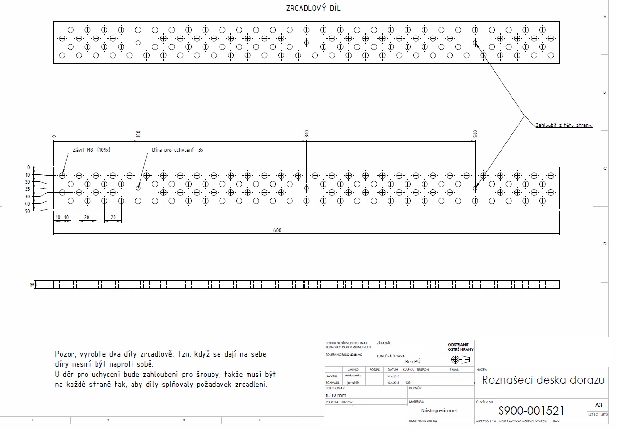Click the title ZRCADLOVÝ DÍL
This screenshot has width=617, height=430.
click(313, 8)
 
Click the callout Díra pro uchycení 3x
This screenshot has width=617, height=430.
click(177, 150)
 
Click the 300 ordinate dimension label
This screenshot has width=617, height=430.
click(307, 134)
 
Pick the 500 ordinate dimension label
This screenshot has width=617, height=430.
click(476, 134)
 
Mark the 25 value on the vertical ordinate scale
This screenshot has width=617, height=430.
click(28, 189)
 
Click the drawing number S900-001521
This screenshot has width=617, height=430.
click(531, 411)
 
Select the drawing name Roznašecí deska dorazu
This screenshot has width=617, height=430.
click(543, 380)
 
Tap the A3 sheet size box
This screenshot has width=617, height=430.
click(598, 405)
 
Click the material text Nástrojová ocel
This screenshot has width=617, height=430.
click(439, 411)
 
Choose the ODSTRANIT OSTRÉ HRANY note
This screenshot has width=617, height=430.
click(460, 347)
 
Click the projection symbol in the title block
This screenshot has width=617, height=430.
click(460, 359)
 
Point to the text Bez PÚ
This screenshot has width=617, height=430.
click(413, 361)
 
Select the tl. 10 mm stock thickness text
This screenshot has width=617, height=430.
click(336, 395)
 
